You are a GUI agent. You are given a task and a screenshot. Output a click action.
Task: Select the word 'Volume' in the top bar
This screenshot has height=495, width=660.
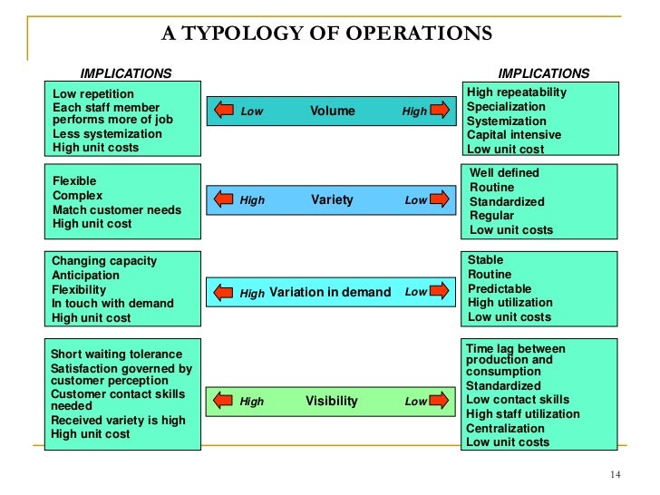point(333,112)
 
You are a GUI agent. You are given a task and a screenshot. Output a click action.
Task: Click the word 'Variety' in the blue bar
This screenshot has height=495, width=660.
point(332,199)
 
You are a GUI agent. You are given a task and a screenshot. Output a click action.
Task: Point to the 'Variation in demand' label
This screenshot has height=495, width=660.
point(330,293)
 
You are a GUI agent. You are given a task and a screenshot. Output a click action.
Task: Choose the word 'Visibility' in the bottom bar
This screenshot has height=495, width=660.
point(332,401)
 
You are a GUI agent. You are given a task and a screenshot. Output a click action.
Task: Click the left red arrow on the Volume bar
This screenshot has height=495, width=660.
point(224,111)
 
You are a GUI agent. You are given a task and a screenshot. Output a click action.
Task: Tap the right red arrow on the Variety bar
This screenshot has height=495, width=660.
point(440,199)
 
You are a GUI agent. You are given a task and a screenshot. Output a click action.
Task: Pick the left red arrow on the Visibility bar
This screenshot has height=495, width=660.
point(224,401)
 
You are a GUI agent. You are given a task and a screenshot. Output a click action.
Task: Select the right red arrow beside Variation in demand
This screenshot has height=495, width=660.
point(440,292)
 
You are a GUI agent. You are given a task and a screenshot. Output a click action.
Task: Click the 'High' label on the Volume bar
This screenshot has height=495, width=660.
point(414,112)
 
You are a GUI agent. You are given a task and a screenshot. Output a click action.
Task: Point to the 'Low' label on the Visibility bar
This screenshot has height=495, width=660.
point(415,402)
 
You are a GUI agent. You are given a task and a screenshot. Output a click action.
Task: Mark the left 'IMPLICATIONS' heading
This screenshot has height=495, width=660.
point(126,73)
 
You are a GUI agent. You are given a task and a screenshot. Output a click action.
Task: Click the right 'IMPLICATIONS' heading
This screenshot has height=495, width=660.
point(544,73)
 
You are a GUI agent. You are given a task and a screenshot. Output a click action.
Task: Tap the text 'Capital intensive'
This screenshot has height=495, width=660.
point(513,135)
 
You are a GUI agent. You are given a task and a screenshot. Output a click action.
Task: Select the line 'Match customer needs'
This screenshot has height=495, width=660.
point(116,209)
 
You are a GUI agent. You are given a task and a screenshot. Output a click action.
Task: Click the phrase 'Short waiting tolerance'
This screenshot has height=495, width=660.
point(116,354)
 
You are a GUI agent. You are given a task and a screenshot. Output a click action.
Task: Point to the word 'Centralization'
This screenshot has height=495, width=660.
point(505,428)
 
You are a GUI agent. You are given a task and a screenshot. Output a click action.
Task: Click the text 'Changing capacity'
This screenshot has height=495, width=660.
point(104,261)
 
